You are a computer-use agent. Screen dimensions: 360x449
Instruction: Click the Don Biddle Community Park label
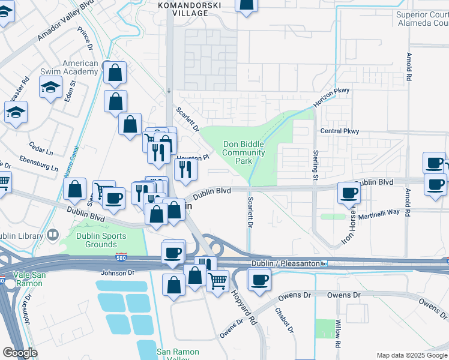244,152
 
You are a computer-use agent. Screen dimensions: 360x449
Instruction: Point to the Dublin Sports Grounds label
101,240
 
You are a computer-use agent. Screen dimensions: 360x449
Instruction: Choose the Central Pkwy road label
339,131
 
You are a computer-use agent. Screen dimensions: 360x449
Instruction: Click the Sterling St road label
315,164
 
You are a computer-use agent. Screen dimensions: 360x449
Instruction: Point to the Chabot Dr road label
284,320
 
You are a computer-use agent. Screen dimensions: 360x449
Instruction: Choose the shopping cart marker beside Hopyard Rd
217,280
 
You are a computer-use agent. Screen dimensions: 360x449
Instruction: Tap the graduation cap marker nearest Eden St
51,88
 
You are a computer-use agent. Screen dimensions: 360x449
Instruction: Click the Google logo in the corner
20,353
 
